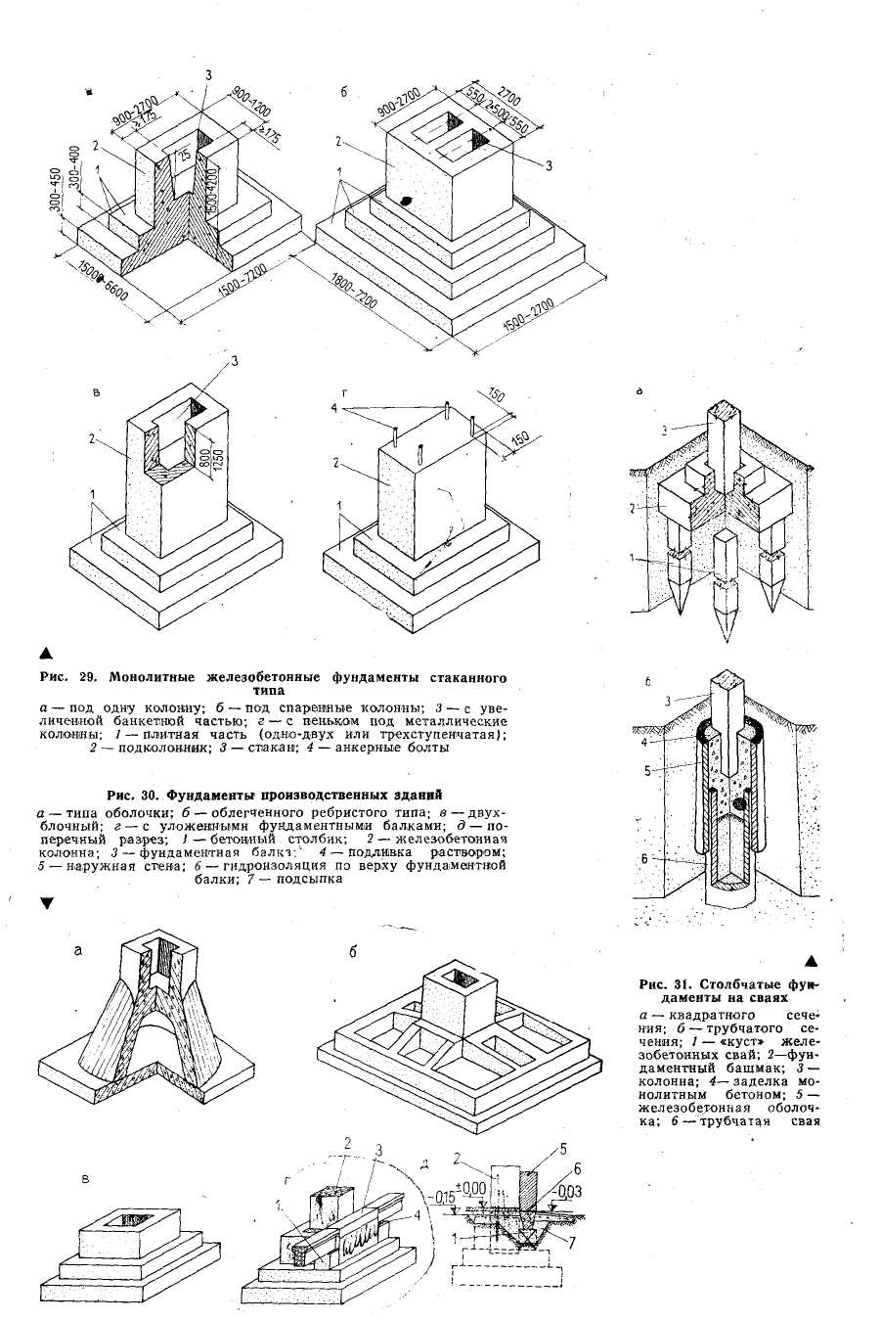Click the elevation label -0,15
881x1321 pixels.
point(444,1195)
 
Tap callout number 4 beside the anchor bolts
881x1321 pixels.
point(333,406)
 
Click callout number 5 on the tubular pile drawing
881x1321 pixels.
point(648,770)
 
